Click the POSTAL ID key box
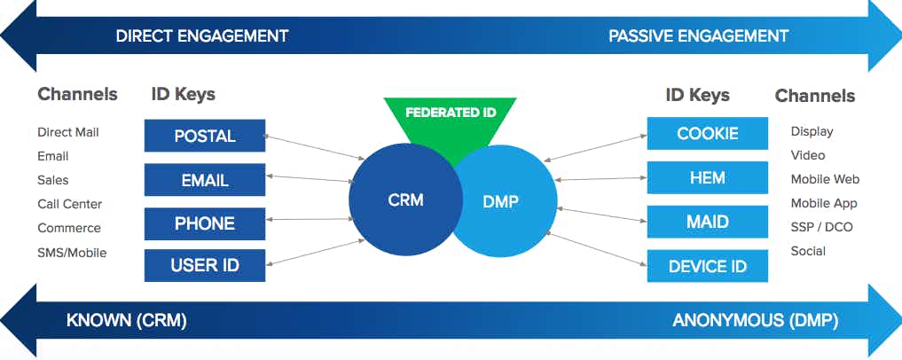[205, 136]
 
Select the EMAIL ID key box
[205, 180]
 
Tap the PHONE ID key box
[205, 223]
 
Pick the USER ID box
[205, 265]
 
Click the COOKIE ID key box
[707, 134]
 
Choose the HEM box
[707, 178]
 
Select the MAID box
[707, 222]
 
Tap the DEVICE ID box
[707, 266]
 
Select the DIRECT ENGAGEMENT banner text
[202, 36]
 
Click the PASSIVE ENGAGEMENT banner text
[698, 36]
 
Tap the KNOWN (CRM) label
[127, 321]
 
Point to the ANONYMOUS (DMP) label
[755, 321]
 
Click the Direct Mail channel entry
[68, 132]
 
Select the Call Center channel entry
[69, 204]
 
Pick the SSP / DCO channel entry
[821, 227]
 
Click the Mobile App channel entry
[824, 203]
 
